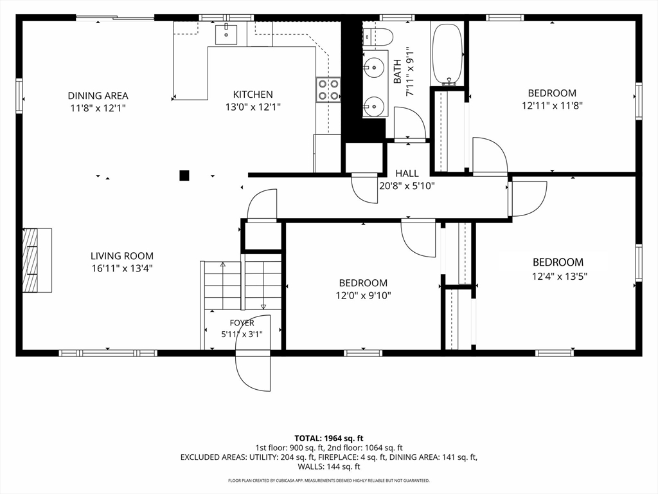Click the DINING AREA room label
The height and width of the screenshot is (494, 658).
[98, 96]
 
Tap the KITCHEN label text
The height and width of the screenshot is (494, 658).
[253, 95]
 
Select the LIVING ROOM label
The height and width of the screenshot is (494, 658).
[122, 256]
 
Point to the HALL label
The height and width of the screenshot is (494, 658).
[407, 173]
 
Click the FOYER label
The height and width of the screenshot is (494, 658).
[242, 323]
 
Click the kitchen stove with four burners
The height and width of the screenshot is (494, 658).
[328, 89]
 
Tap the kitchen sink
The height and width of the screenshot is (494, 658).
[226, 35]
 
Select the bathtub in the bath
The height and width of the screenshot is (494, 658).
[448, 54]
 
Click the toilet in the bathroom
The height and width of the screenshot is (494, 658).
[377, 37]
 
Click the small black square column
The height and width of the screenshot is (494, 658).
[184, 175]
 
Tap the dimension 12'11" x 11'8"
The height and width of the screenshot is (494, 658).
[552, 105]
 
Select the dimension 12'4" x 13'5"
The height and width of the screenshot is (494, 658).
[560, 276]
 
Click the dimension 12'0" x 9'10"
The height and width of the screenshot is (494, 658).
[364, 296]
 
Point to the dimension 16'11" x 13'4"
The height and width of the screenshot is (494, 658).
[122, 268]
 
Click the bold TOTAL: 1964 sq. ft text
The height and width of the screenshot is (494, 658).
[329, 439]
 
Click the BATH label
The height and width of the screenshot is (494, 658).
[397, 71]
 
